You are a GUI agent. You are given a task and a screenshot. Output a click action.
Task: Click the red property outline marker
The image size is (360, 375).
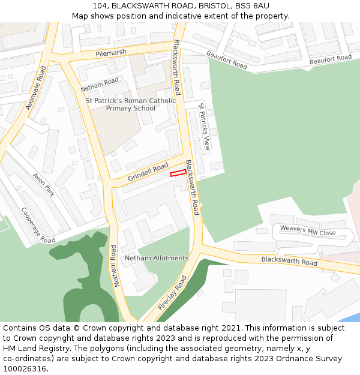point(178,173)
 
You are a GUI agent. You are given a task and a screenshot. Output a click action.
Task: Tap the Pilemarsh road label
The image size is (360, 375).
point(111,53)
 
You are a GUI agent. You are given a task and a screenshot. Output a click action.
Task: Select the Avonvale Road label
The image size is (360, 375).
point(36,88)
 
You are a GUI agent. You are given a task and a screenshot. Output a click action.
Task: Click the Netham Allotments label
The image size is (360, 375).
point(157,258)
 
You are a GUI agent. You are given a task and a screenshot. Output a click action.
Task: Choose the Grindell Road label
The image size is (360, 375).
point(148,172)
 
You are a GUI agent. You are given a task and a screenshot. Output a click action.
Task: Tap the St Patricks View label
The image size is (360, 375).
point(205,126)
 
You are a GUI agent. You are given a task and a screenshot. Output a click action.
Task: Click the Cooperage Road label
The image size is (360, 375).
point(38,225)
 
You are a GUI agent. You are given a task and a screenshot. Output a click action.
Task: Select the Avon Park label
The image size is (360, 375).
point(44,185)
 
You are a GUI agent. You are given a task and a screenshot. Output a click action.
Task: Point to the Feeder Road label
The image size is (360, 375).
point(173,293)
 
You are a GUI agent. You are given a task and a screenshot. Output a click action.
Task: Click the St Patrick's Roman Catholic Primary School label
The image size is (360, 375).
point(131,104)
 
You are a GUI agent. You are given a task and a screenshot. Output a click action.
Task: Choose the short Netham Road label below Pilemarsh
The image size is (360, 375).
point(100,85)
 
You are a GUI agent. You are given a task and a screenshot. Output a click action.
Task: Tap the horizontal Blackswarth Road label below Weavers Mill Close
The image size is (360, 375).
point(289,262)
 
